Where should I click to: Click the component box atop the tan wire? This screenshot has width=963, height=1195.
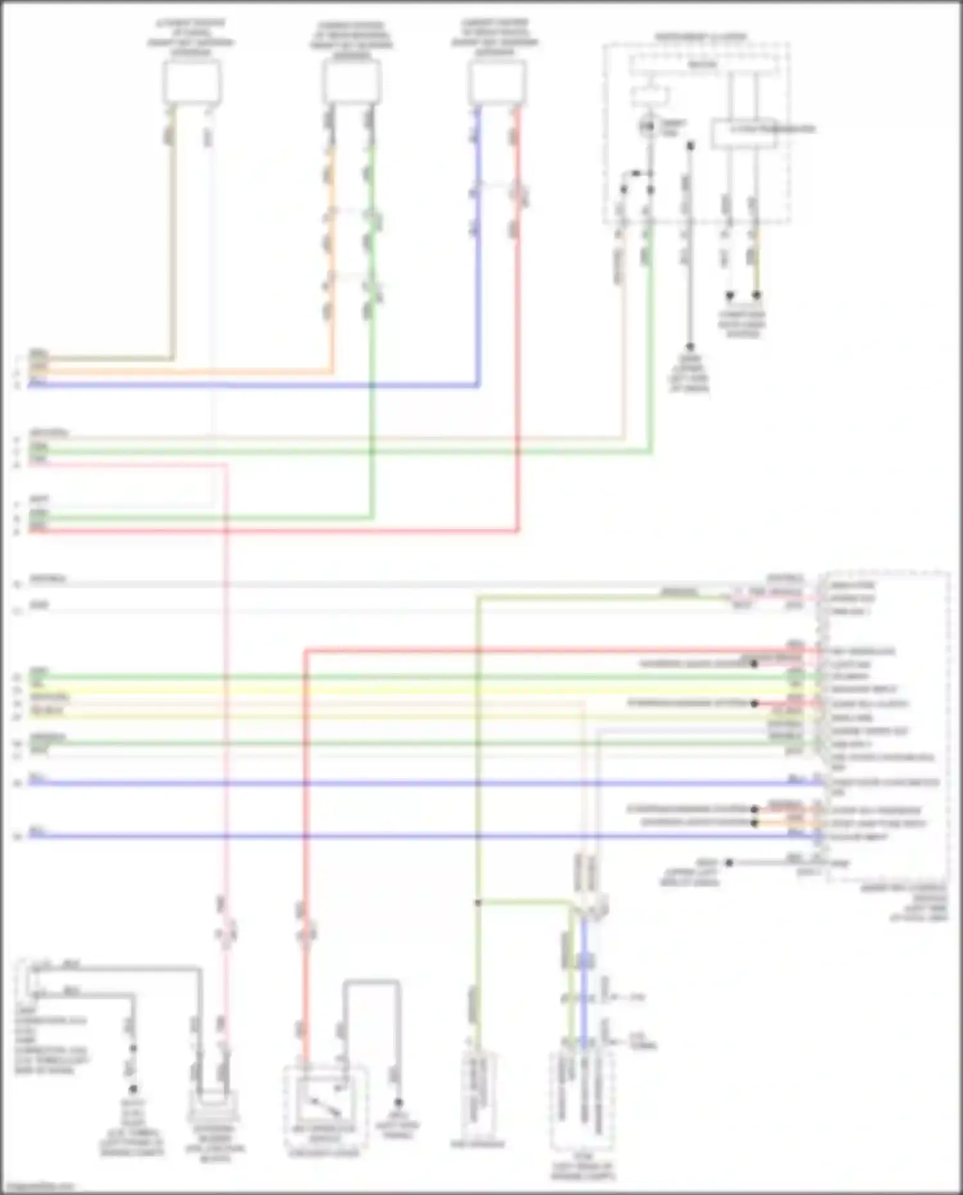click(192, 82)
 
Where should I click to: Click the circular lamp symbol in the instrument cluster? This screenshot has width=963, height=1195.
click(648, 126)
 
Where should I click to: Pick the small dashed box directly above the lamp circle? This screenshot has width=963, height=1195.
click(649, 96)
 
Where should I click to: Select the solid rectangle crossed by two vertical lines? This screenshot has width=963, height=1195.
click(743, 134)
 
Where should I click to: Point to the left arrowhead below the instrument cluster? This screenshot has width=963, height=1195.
click(729, 296)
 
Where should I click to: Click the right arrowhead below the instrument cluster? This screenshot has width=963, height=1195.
click(757, 296)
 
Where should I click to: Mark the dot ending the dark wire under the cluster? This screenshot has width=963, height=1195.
click(690, 346)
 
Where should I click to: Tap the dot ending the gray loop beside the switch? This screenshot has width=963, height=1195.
click(398, 1102)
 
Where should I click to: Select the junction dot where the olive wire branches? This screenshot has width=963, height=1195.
click(478, 903)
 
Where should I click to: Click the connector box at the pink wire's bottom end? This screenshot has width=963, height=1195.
click(212, 1104)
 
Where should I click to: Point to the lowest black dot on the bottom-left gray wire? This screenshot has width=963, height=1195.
click(133, 1089)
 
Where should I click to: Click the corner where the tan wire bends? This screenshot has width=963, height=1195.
click(172, 358)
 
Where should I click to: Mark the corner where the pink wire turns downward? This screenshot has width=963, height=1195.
click(225, 464)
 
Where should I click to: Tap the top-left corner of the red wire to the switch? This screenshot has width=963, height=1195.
click(305, 652)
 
